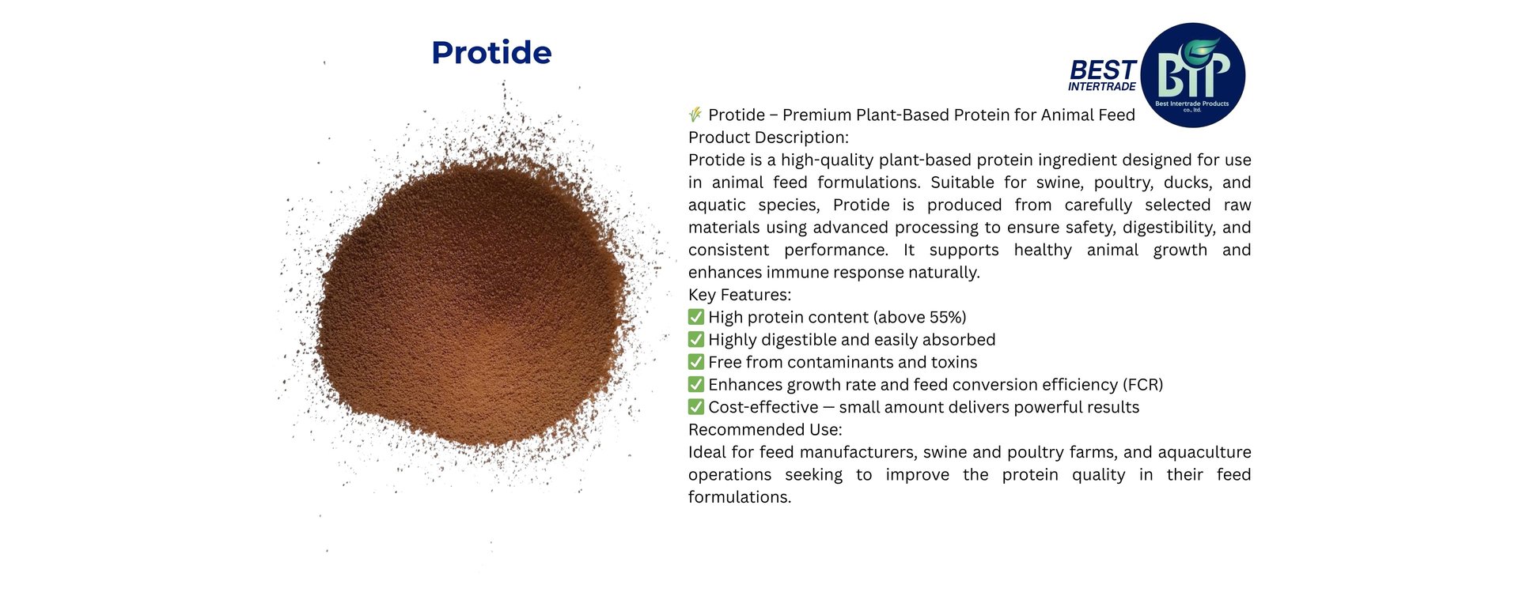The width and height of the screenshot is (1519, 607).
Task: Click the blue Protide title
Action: [x=491, y=53]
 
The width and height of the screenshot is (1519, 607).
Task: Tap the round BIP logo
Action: [x=1193, y=75]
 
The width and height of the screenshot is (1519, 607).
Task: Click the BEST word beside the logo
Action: [x=1103, y=70]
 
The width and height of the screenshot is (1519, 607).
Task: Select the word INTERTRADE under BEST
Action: [x=1102, y=87]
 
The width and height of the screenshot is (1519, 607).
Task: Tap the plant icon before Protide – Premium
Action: [x=695, y=115]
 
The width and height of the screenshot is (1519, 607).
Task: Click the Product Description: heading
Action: [x=768, y=138]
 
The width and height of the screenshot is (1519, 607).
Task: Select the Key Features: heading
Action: [x=740, y=295]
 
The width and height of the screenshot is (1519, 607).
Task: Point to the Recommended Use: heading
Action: [x=765, y=429]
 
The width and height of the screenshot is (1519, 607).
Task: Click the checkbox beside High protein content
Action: [x=696, y=317]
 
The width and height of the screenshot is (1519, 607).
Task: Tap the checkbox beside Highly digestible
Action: [x=696, y=339]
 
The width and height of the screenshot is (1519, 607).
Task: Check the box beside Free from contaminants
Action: [x=696, y=362]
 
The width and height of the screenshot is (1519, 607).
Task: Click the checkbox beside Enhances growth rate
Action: [x=696, y=384]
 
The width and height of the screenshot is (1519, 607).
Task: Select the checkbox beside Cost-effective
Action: [x=696, y=407]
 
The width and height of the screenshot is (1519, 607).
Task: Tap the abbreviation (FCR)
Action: [x=1142, y=385]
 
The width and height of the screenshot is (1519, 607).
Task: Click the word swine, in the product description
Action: [x=1058, y=183]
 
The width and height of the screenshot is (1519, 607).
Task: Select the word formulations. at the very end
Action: [x=740, y=497]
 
